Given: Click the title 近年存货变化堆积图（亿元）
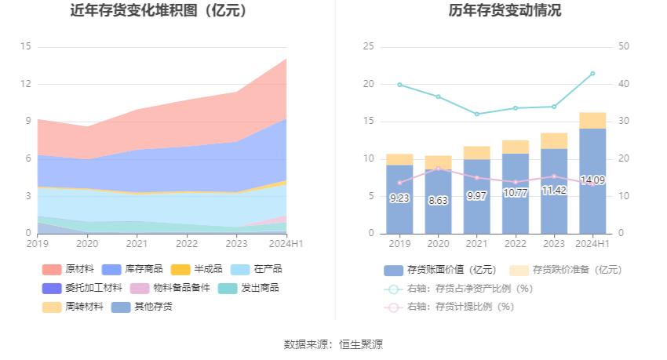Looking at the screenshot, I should point(159,11).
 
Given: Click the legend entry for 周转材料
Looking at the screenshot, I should point(75,307).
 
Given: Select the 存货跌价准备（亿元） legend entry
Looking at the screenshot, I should point(566,269).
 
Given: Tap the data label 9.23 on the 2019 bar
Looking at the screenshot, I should point(399,198).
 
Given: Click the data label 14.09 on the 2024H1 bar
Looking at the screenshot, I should point(592,180).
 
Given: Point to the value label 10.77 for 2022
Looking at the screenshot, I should point(516,192).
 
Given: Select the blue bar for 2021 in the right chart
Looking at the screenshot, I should point(477,196).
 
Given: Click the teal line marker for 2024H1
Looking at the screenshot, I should point(592,73).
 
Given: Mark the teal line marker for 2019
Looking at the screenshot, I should point(399,84).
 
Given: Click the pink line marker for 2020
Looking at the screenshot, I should point(438,169).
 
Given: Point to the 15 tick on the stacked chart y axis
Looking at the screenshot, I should point(26,46).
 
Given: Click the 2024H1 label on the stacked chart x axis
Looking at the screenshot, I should point(287,244).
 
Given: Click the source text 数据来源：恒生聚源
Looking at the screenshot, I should point(333,344).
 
